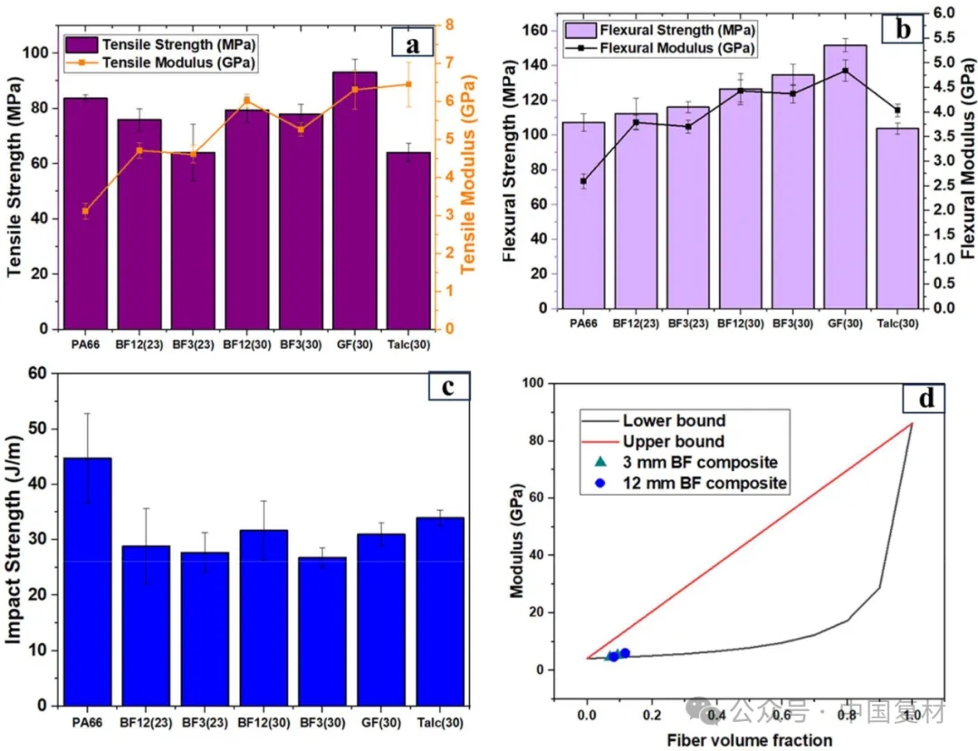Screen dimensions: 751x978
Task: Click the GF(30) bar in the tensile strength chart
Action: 354,199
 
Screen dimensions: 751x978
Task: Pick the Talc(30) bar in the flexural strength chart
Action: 897,217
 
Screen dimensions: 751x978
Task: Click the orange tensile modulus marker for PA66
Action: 85,211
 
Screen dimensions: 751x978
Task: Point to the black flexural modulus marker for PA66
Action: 583,181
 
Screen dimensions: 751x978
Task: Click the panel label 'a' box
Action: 413,43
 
